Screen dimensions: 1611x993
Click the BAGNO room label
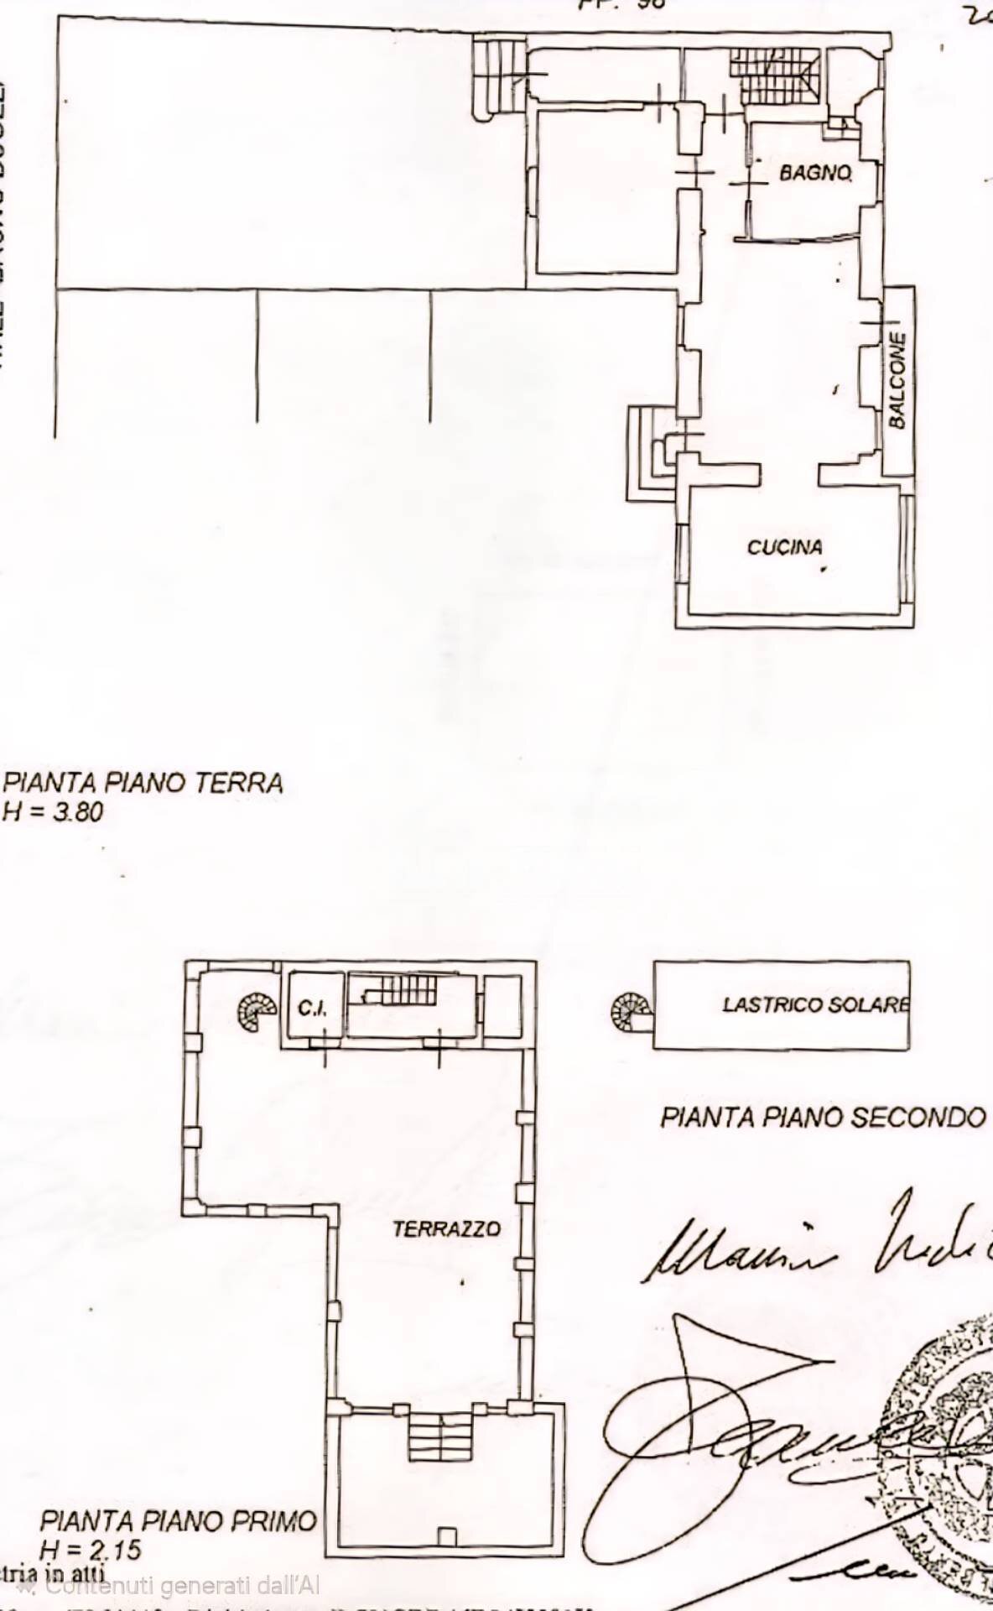click(x=815, y=173)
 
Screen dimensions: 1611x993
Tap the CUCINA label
click(x=785, y=547)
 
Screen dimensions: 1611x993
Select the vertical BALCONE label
click(x=897, y=380)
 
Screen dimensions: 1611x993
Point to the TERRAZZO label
click(x=446, y=1229)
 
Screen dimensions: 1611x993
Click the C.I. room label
click(x=312, y=1009)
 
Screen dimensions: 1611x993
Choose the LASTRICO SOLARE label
click(x=815, y=1004)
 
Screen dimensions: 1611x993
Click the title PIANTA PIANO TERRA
click(x=143, y=783)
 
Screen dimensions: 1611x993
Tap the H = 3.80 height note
click(x=54, y=811)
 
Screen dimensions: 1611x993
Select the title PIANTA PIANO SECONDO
click(x=822, y=1118)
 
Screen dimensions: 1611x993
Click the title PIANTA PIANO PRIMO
click(x=179, y=1520)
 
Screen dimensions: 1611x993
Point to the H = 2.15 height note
click(x=91, y=1550)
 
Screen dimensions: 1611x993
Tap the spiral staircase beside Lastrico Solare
click(x=631, y=1012)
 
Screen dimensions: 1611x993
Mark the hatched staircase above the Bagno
click(x=773, y=76)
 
